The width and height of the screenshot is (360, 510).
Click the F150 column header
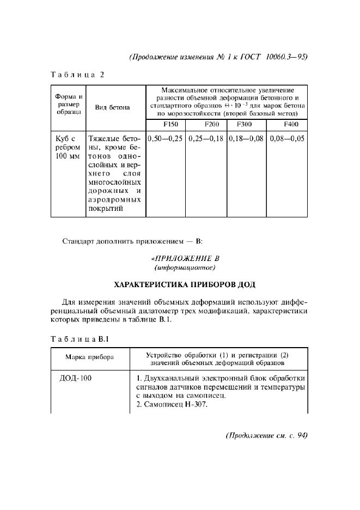pos(166,124)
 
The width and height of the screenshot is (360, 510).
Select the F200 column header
pos(206,124)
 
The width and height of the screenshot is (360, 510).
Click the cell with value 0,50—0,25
pos(166,138)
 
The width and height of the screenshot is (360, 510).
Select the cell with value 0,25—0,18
pos(206,138)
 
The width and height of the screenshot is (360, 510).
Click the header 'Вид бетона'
pos(112,107)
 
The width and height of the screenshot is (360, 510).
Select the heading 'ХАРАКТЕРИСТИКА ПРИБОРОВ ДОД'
pos(184,284)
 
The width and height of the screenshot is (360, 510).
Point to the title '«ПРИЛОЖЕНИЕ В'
pos(185,258)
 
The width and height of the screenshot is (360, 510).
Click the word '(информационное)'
pos(185,268)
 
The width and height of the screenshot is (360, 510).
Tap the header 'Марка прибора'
pos(90,358)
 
